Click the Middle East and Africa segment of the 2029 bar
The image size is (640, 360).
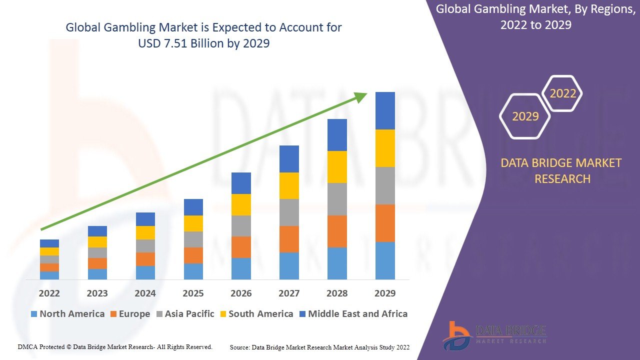[x=385, y=110]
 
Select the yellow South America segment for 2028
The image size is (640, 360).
[x=337, y=167]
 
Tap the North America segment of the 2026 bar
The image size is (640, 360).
[x=241, y=268]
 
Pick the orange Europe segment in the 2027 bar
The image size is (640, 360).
[x=289, y=239]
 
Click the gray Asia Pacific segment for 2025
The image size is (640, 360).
[x=193, y=239]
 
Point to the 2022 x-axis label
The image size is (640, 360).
[x=49, y=293]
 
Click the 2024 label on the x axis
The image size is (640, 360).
[x=145, y=293]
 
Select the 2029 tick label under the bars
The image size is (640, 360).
[x=385, y=293]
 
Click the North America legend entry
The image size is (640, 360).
[x=67, y=314]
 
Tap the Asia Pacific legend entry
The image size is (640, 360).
[x=185, y=314]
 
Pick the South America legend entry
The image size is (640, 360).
[x=256, y=314]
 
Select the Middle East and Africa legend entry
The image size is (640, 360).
[x=353, y=314]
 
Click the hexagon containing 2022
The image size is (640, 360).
[x=562, y=93]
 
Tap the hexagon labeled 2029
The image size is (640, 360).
[x=525, y=116]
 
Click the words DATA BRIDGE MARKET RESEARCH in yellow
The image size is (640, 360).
[x=562, y=170]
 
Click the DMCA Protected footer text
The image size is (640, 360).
[x=115, y=346]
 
